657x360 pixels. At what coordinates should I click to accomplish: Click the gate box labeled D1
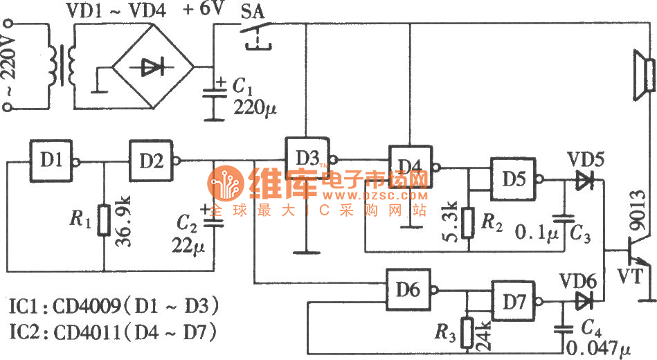pyautogui.click(x=51, y=159)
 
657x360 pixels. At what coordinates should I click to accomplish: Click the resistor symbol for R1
pyautogui.click(x=104, y=219)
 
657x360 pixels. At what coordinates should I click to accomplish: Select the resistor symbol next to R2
pyautogui.click(x=469, y=222)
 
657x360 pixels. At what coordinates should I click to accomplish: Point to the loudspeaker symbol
pyautogui.click(x=642, y=75)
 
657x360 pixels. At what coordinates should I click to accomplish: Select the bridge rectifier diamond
pyautogui.click(x=153, y=66)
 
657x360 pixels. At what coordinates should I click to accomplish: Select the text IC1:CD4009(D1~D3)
pyautogui.click(x=111, y=305)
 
